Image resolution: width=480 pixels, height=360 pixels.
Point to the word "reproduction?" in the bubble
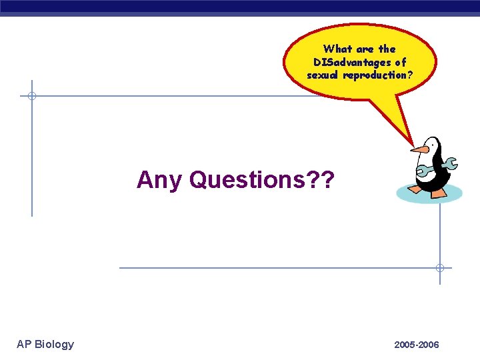click(x=382, y=75)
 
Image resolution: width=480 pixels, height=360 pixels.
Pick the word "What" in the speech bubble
click(x=338, y=49)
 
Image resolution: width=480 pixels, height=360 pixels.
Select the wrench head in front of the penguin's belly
click(x=421, y=171)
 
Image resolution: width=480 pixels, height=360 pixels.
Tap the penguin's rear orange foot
click(x=439, y=193)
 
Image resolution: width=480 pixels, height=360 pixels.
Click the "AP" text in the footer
click(x=24, y=344)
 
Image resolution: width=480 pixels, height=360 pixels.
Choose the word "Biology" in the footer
click(x=54, y=344)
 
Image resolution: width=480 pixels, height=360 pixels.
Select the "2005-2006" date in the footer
click(x=417, y=345)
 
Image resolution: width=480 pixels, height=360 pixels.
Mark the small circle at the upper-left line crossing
click(x=31, y=96)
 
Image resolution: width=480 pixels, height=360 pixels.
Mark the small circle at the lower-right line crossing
click(x=440, y=268)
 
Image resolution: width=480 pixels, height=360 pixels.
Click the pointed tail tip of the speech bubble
click(x=413, y=145)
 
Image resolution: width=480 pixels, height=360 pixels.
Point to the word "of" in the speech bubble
click(x=400, y=62)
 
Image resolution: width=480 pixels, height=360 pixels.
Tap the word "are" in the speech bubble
click(x=366, y=49)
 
